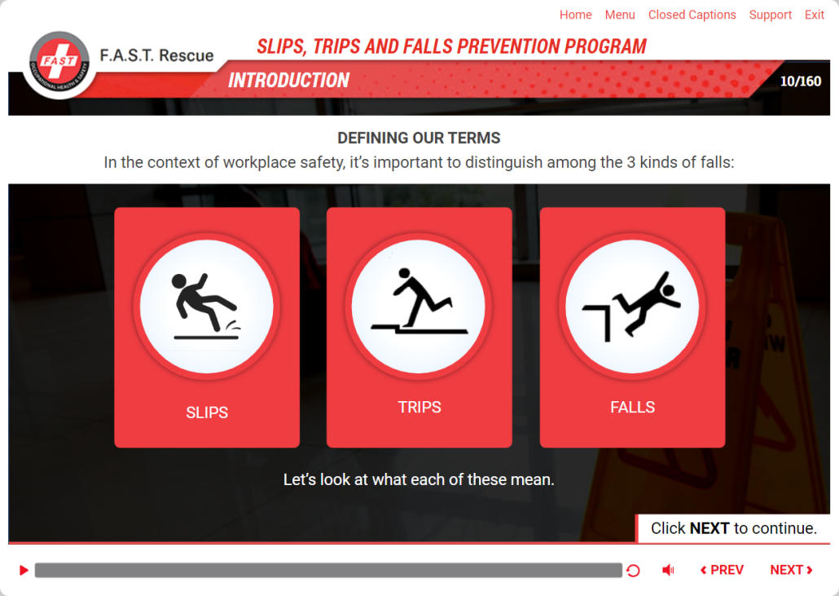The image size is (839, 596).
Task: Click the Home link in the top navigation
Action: (x=575, y=15)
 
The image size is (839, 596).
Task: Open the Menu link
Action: (x=620, y=15)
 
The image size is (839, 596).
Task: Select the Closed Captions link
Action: (x=692, y=15)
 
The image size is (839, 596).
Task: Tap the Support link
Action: (x=770, y=15)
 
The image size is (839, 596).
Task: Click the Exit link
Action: (x=814, y=15)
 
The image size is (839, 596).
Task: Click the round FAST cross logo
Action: (x=59, y=64)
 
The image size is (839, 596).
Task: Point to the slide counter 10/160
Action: (x=801, y=82)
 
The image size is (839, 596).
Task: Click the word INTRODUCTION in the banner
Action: (x=289, y=81)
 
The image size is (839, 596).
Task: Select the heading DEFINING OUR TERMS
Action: (x=419, y=138)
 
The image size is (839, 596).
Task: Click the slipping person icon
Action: (x=206, y=307)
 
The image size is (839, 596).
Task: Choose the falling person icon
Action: (x=631, y=305)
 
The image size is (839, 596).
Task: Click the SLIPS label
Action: (x=207, y=413)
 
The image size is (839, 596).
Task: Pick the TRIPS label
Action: (x=419, y=407)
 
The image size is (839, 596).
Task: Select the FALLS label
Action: (x=632, y=407)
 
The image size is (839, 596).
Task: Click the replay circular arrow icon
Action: (x=633, y=570)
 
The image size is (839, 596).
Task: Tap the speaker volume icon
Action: (x=668, y=570)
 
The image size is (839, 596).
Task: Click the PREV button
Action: (x=722, y=570)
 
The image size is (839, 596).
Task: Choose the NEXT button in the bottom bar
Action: (x=792, y=570)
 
